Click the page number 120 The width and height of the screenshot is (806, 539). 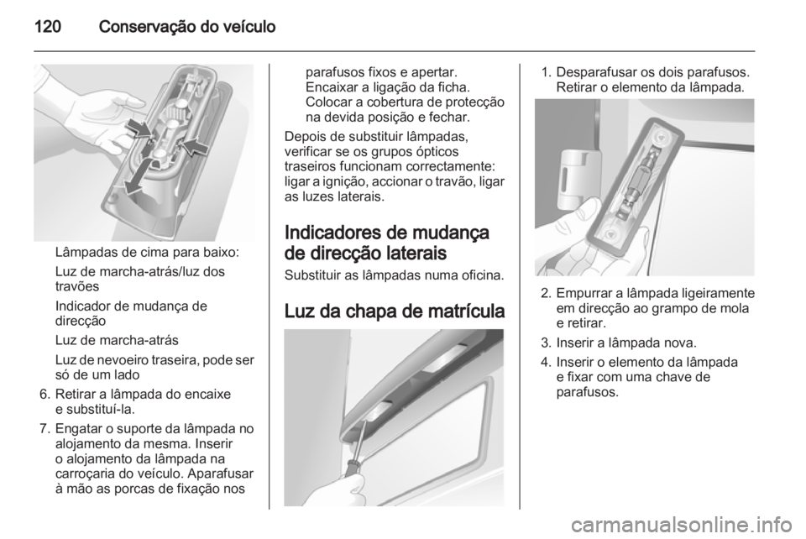click(x=49, y=26)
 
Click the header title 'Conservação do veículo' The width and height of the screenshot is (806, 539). click(x=187, y=26)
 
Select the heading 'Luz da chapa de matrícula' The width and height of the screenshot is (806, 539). click(x=395, y=311)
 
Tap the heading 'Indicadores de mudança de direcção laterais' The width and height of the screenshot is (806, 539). click(x=386, y=243)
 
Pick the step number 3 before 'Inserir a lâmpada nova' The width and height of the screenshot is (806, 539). click(x=547, y=343)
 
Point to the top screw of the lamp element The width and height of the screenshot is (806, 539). click(x=660, y=137)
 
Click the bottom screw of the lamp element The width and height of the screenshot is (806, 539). click(x=610, y=233)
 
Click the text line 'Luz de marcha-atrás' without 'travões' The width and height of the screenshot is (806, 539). click(x=117, y=340)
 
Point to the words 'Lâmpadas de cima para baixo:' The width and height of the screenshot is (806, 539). click(x=146, y=253)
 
